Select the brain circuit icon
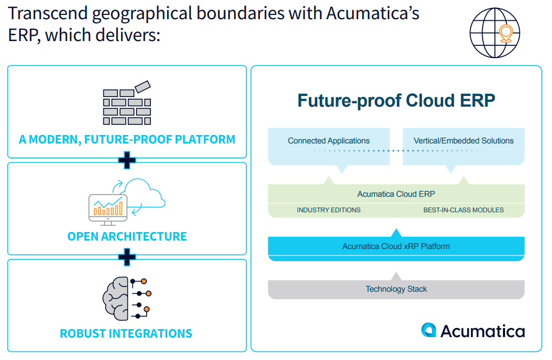[x=126, y=299]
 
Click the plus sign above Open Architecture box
[x=127, y=160]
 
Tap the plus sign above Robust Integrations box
[x=127, y=257]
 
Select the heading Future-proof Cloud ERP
[x=396, y=100]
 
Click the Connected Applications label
[x=329, y=141]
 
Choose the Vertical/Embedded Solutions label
[x=463, y=141]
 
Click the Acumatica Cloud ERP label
[x=396, y=194]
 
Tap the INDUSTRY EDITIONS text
[x=329, y=210]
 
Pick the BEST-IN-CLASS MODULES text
[x=463, y=210]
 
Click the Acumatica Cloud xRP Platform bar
[x=396, y=246]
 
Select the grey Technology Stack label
[x=396, y=289]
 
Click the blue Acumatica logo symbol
[x=429, y=330]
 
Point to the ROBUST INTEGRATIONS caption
[x=126, y=334]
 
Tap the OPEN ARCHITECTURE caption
[x=127, y=236]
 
